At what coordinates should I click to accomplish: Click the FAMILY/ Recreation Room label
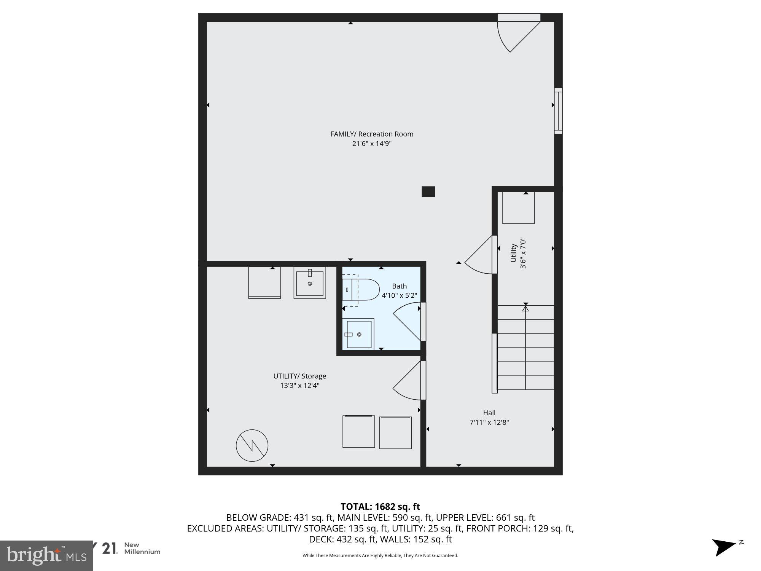click(371, 134)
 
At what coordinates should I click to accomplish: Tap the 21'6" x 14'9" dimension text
click(371, 144)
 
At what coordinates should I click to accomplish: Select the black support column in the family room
click(428, 191)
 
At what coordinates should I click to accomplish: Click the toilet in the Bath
click(361, 290)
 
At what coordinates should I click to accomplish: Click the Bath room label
click(399, 286)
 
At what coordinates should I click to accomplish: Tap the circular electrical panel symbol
click(252, 445)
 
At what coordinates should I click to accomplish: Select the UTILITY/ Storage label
click(299, 376)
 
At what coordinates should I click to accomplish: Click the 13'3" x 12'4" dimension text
click(299, 386)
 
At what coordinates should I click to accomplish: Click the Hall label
click(489, 413)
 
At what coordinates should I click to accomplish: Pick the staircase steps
click(525, 348)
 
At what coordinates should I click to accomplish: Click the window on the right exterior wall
click(558, 111)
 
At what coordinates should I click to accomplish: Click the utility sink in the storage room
click(310, 282)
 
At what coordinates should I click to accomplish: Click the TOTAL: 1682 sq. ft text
click(380, 507)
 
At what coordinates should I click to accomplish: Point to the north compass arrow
click(725, 547)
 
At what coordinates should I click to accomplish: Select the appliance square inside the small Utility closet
click(518, 208)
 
